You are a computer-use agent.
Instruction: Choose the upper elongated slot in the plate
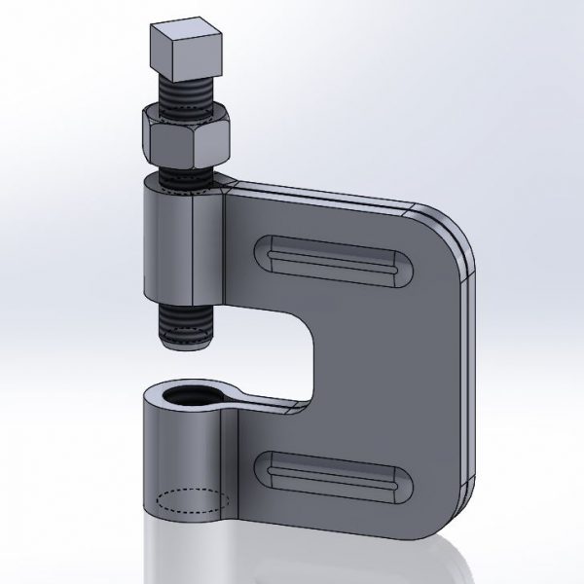coord(336,261)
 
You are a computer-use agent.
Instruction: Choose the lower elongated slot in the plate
coord(336,476)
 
